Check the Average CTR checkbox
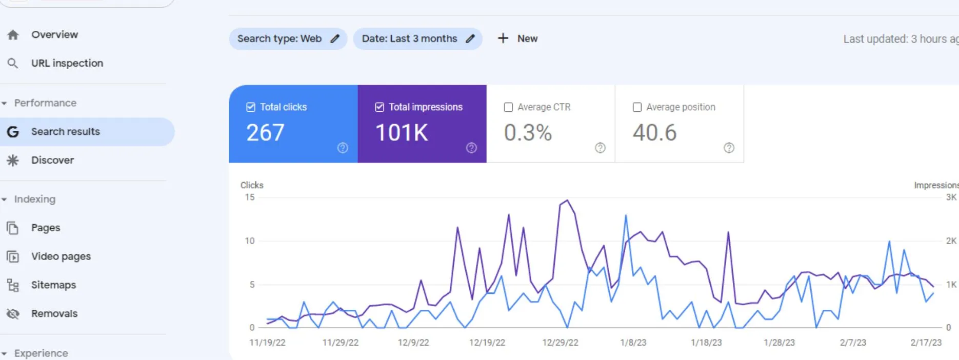tap(508, 107)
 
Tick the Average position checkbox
tap(637, 107)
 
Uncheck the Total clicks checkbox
tap(251, 107)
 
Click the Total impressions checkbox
tap(379, 107)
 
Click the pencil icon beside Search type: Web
tap(335, 38)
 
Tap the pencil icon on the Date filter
tap(470, 38)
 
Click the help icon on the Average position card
tap(729, 148)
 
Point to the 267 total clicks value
tap(265, 133)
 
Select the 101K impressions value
tap(402, 133)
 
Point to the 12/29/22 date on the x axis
tap(560, 343)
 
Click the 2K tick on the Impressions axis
tap(951, 241)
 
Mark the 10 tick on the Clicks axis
tap(250, 241)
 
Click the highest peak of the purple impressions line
tap(567, 200)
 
